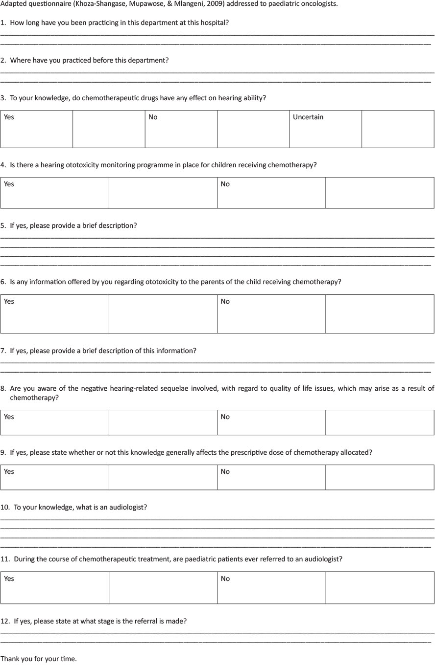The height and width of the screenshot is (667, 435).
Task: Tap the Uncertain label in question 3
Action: point(308,117)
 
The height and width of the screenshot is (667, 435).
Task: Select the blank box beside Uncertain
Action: point(398,129)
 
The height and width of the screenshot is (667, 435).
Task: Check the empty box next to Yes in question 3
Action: point(109,129)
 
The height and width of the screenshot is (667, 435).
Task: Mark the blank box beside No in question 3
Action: point(253,129)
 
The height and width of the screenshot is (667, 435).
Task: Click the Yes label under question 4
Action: point(9,184)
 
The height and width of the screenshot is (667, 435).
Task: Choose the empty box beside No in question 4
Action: point(380,193)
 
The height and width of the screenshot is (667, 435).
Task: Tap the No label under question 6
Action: point(225,302)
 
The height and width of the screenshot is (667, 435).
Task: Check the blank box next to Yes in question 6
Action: point(163,314)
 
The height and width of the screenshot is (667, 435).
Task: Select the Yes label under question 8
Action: point(9,417)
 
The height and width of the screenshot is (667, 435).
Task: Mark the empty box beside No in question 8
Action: point(380,422)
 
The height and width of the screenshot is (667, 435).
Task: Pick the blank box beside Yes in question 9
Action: point(163,477)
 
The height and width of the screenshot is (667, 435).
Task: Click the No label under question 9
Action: point(225,472)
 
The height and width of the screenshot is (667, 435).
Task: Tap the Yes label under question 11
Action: point(9,579)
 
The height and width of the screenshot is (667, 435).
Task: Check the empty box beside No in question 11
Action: point(380,588)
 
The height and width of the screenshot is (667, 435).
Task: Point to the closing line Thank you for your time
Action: point(39,659)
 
